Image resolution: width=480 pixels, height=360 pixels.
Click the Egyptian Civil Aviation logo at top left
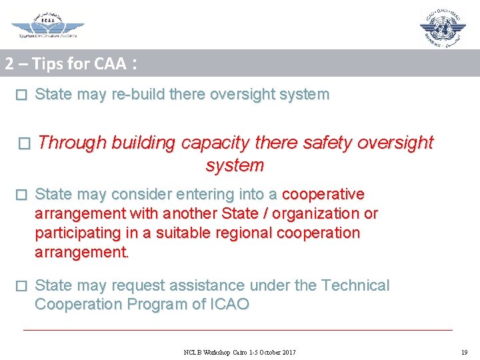47,25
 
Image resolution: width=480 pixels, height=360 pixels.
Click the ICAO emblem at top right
443,27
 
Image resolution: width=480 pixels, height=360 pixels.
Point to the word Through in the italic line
73,143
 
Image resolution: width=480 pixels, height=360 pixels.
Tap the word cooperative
323,195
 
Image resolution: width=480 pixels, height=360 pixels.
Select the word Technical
355,286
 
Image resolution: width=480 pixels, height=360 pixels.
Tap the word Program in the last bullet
161,305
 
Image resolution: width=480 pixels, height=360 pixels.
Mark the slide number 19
464,352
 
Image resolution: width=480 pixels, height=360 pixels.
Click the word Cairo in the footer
235,352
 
